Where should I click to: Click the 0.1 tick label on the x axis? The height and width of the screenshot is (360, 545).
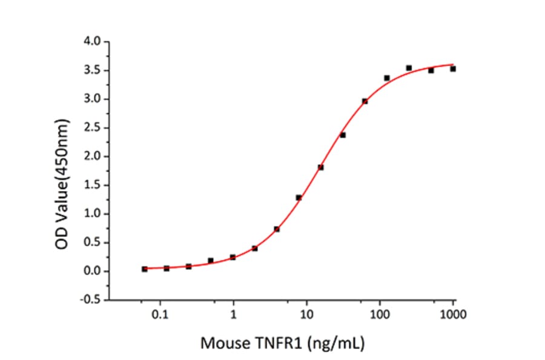[160, 315]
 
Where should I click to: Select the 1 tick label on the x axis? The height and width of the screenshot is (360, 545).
[234, 315]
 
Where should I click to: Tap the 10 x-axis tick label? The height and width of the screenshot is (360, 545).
[307, 315]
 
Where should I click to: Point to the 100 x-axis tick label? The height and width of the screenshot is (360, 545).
[380, 315]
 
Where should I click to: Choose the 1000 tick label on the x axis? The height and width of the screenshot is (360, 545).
[452, 315]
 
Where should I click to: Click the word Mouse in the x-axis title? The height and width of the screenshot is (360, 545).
[224, 344]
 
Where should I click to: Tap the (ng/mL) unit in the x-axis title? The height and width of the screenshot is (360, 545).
[337, 344]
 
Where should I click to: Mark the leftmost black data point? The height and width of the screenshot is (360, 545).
[145, 269]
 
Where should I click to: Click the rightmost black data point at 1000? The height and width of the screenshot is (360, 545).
[453, 69]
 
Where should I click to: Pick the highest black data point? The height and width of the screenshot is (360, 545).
[409, 68]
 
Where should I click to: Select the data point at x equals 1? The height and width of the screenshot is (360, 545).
[233, 258]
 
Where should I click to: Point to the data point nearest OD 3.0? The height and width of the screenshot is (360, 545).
[365, 101]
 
